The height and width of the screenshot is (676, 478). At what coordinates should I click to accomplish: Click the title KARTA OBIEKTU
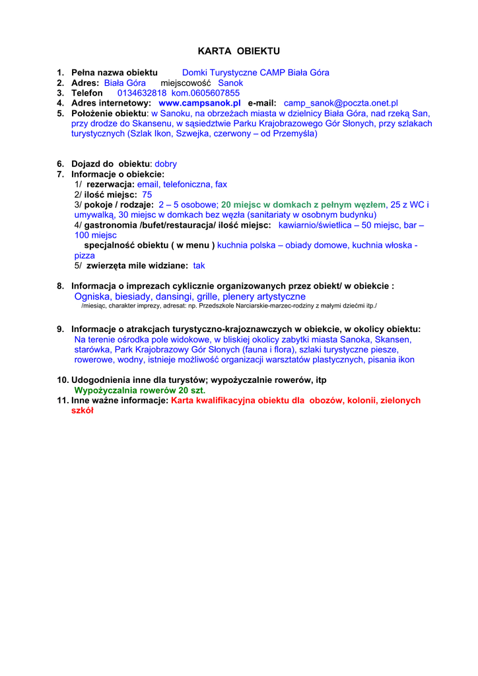[x=239, y=51]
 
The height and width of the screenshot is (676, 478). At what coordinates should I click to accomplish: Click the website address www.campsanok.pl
[x=199, y=104]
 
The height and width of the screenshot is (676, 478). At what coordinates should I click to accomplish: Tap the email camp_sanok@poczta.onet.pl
[x=341, y=104]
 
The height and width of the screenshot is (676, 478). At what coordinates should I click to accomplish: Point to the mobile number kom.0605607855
[x=205, y=93]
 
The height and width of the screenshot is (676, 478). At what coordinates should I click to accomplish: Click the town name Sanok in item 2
[x=230, y=83]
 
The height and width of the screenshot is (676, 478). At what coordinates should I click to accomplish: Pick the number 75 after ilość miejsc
[x=147, y=195]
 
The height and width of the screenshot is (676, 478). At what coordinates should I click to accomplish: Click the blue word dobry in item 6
[x=166, y=164]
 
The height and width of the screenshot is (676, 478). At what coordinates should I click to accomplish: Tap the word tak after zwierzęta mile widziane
[x=199, y=265]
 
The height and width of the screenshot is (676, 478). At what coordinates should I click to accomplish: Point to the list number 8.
[x=60, y=287]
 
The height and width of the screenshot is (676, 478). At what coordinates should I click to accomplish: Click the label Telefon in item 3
[x=87, y=93]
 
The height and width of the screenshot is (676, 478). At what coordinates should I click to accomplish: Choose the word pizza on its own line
[x=85, y=255]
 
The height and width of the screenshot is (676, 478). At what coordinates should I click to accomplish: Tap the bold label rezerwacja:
[x=110, y=184]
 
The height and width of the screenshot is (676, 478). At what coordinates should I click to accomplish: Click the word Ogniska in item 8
[x=92, y=297]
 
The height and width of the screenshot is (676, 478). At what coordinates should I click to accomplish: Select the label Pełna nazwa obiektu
[x=114, y=73]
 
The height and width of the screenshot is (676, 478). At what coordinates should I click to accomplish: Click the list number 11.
[x=63, y=400]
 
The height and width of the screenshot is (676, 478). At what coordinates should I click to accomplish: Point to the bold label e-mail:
[x=262, y=104]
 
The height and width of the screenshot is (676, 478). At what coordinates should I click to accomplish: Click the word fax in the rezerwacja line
[x=221, y=184]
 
